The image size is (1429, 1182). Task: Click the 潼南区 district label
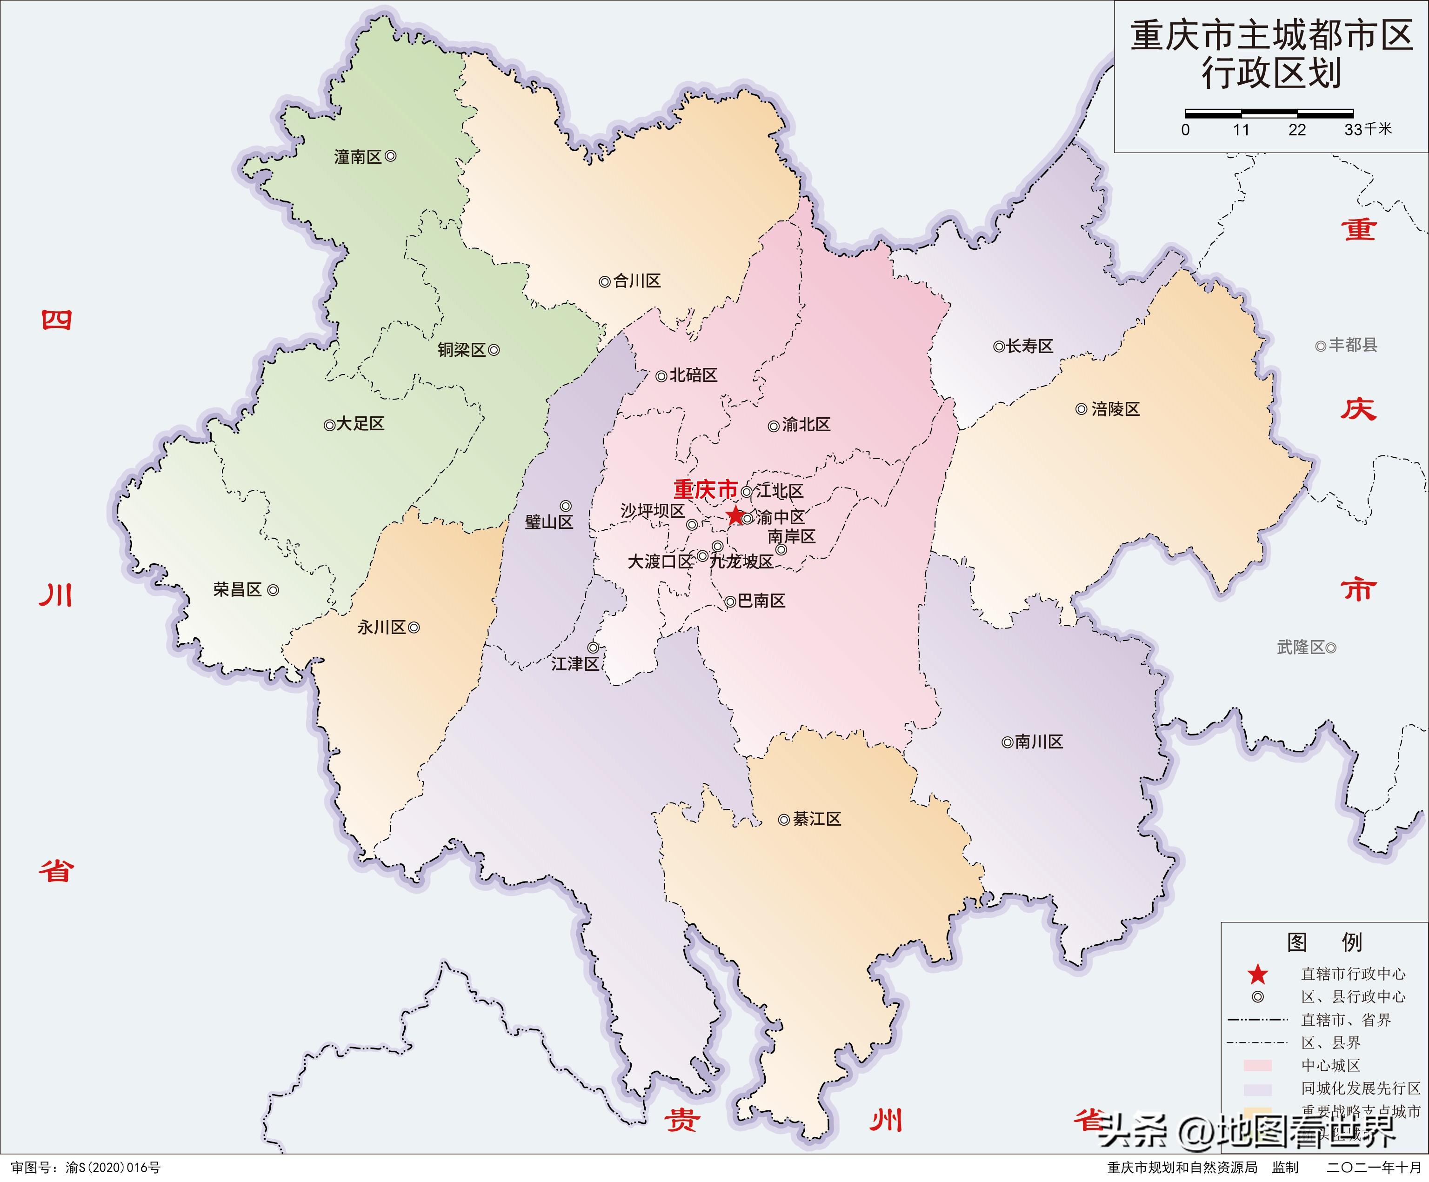pos(357,157)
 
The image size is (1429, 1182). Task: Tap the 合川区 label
pos(637,281)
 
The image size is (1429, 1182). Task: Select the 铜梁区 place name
pos(461,350)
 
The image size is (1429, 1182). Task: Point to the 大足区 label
pos(361,424)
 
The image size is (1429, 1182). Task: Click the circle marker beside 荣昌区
pos(273,591)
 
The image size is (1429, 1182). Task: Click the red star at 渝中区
pos(735,515)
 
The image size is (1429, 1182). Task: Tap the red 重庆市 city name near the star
pos(705,489)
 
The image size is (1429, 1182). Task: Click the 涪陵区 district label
pos(1115,409)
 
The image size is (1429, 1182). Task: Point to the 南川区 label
pos(1039,742)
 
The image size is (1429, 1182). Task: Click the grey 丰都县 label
pos(1353,345)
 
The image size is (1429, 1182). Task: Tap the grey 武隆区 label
pos(1301,647)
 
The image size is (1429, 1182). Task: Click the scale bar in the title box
pos(1269,114)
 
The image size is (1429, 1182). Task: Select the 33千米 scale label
pos(1368,129)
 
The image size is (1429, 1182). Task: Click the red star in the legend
pos(1257,975)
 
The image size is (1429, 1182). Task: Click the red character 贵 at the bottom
pos(682,1119)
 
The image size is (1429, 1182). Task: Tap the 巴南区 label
pos(761,601)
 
